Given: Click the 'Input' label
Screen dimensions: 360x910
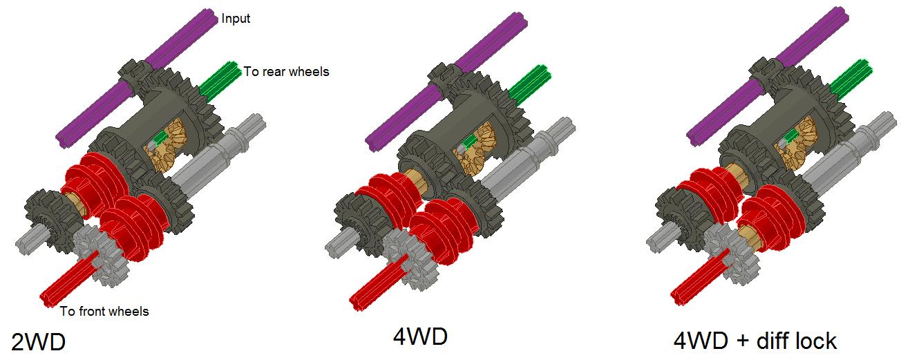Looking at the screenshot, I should [236, 19].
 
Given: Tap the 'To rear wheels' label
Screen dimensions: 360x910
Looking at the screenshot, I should [286, 71].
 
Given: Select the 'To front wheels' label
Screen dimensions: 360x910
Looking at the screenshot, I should [104, 312].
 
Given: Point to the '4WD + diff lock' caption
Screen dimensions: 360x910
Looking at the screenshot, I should [755, 341].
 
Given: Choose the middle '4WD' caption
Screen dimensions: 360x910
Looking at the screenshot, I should [419, 337].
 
